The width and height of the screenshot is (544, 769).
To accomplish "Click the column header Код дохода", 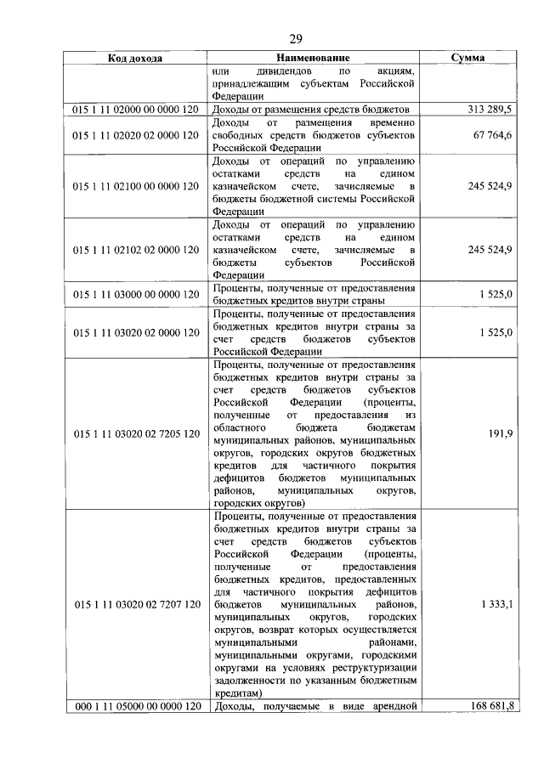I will point(135,59).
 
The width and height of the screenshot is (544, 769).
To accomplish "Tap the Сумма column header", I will point(467,59).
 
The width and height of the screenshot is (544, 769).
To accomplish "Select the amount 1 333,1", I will point(495,603).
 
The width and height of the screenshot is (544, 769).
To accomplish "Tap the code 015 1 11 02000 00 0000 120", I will point(135,110).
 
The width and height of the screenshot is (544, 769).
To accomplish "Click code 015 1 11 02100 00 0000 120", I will point(135,185).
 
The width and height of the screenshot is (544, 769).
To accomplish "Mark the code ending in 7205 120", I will point(135,433).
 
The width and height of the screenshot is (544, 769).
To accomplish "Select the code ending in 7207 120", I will point(135,603).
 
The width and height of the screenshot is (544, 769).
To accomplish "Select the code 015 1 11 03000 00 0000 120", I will point(135,294).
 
